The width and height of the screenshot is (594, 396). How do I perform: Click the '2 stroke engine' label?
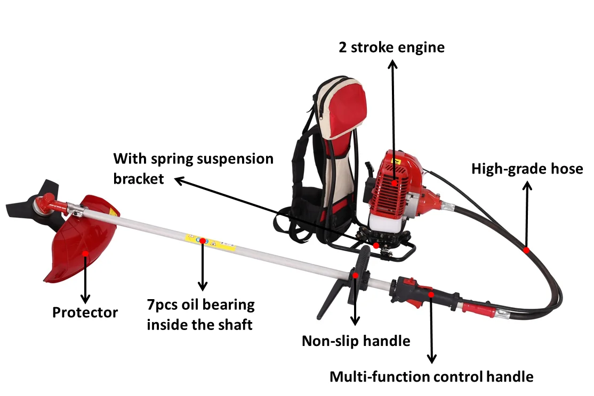coord(391,47)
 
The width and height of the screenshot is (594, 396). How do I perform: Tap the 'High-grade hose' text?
coord(527,169)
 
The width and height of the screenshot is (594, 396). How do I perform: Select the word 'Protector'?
coord(85,312)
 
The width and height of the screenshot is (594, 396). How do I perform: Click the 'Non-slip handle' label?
coord(356,341)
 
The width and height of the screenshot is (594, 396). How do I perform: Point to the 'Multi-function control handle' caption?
coord(431,377)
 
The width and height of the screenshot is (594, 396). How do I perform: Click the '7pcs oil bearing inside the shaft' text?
coord(200,315)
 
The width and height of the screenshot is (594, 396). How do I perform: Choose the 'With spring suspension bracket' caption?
coord(193,168)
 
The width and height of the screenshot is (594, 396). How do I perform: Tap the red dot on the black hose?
coord(526,250)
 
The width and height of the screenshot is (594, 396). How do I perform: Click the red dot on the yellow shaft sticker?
coord(203,241)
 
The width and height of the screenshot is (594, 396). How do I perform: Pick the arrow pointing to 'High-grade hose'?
coord(527,213)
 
